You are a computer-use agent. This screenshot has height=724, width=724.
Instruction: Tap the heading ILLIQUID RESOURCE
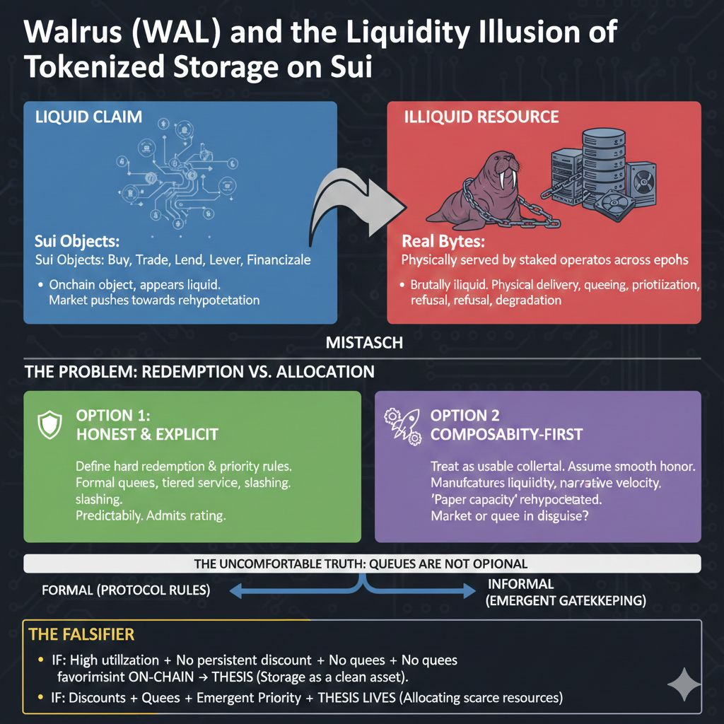[x=481, y=117]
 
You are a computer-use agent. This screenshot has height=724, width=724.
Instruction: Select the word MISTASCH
[x=364, y=343]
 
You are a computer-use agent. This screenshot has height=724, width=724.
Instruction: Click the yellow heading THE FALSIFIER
[x=81, y=635]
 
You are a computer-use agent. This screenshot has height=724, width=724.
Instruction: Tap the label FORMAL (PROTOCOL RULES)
[x=126, y=590]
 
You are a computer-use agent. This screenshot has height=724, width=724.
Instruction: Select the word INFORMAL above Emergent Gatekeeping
[x=521, y=585]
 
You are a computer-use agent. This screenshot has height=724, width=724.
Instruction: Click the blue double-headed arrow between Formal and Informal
[x=362, y=589]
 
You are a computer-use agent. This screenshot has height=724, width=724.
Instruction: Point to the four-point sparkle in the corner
[x=682, y=682]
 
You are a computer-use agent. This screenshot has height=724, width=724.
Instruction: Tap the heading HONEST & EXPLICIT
[x=146, y=435]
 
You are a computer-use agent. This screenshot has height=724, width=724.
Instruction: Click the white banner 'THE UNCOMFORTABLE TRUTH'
[x=362, y=563]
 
